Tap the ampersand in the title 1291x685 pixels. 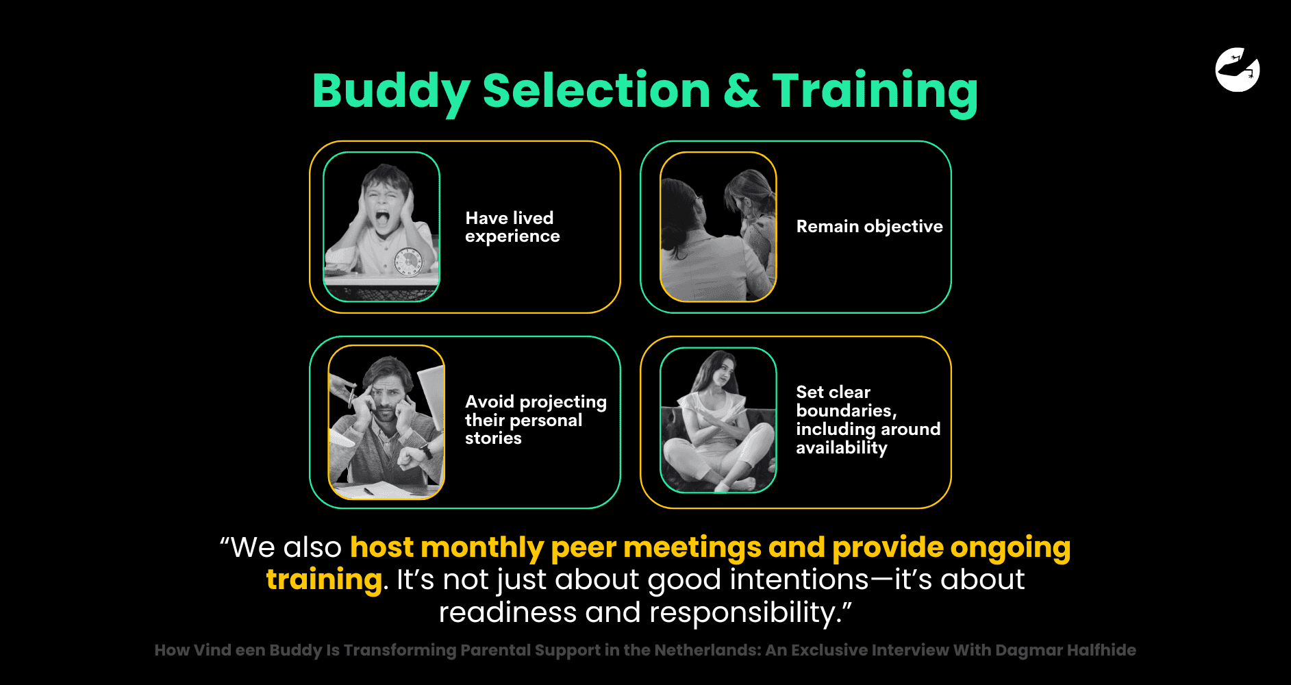pos(741,92)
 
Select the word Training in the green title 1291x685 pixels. pos(875,92)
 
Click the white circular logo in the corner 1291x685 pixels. pos(1237,69)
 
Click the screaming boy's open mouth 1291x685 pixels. pos(381,220)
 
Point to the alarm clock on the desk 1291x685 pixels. pos(409,262)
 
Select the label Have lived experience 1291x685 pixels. pos(512,227)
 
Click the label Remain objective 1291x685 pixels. pos(869,227)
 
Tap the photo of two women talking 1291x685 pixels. pos(718,227)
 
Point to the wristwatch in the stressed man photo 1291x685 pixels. pos(426,452)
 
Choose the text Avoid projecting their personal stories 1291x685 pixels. pos(535,420)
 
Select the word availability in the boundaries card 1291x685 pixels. pos(841,448)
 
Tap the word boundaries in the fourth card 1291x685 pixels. pos(846,411)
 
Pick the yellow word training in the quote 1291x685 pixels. pos(324,580)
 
